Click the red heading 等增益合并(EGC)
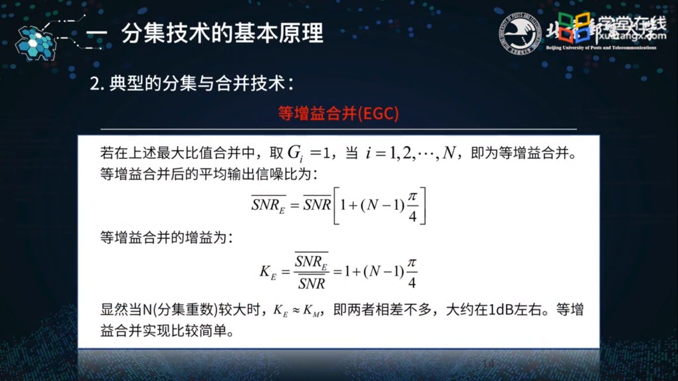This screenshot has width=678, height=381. point(339,114)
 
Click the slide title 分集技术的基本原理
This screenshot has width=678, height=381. point(222,34)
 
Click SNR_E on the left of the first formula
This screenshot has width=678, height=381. point(269,205)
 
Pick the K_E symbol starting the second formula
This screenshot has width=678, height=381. point(268,271)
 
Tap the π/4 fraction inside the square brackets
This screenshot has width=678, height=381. point(412,205)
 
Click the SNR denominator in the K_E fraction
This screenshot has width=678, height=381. point(312,284)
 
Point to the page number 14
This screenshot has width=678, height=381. point(488,365)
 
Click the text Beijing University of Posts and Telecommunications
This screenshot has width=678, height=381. point(601,48)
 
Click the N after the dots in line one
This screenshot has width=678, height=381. point(449,154)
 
